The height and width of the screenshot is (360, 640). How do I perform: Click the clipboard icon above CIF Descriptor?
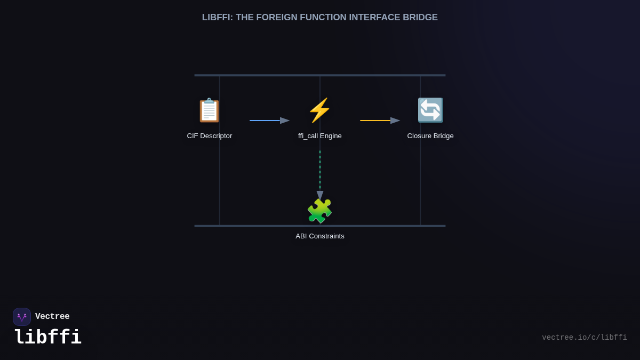coord(209,110)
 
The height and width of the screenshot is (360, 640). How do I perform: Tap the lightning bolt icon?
coord(319,110)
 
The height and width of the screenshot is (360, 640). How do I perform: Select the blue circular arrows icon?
coord(430,110)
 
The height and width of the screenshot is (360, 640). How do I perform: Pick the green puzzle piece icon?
coord(319,211)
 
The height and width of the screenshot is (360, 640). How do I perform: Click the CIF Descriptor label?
coord(210,136)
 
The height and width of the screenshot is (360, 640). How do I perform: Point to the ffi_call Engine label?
coord(320,136)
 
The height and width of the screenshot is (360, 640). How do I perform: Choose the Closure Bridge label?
coord(430,136)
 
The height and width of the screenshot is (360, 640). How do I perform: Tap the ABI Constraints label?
coord(320,236)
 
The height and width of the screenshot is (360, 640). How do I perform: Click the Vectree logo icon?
coord(22,317)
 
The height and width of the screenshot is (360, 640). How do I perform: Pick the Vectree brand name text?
coord(52,317)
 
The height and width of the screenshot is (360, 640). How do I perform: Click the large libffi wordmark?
coord(47,338)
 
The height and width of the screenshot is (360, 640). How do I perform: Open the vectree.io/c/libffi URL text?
coord(584,338)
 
